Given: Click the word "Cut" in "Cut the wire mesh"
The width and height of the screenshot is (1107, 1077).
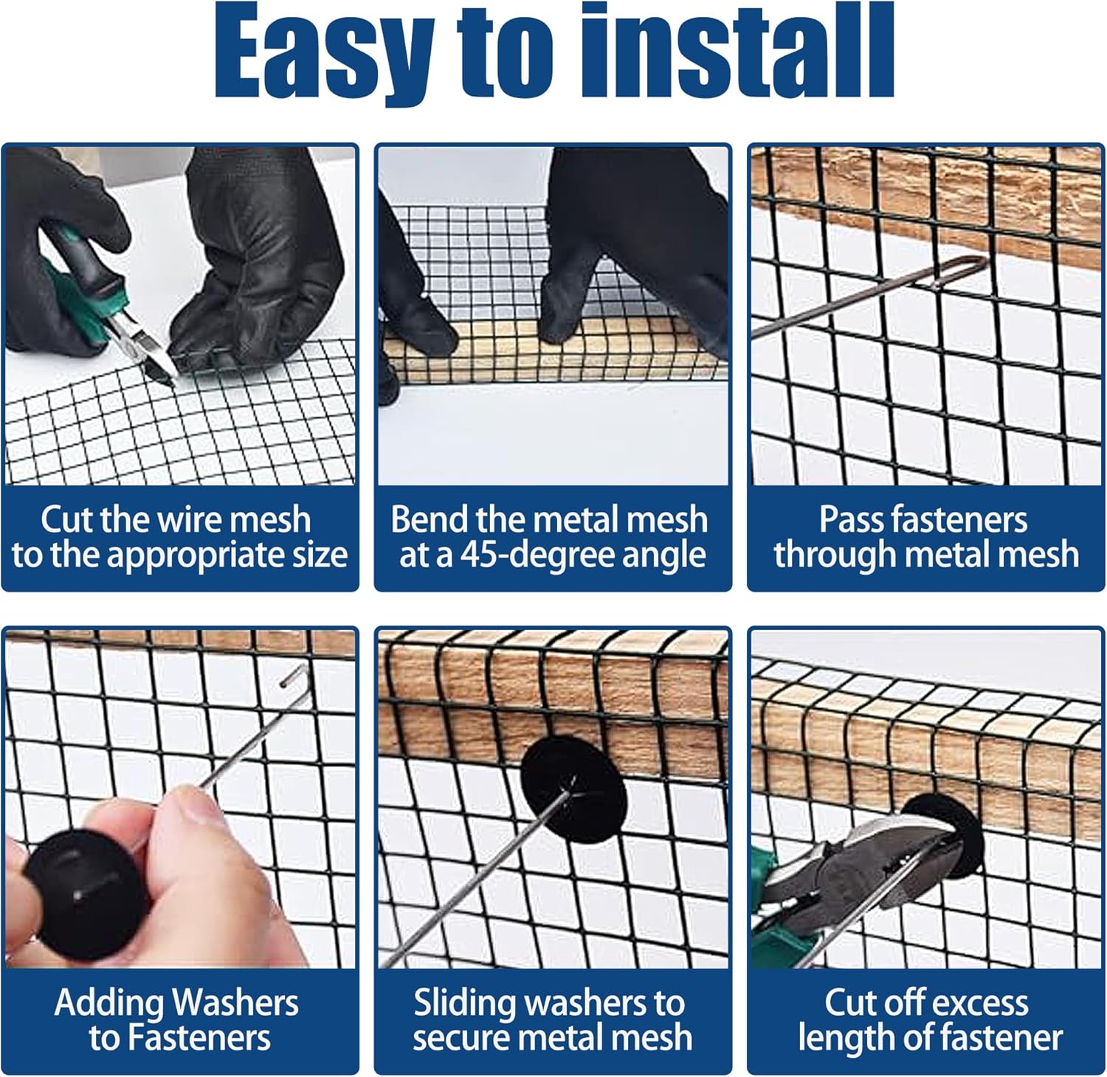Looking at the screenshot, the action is pos(66,519).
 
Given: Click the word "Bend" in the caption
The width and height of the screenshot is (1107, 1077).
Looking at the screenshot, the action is pos(430,519).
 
